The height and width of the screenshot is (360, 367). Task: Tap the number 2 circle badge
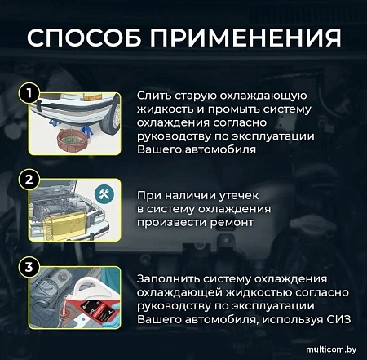(30, 181)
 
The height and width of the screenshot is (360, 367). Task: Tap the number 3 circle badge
(30, 267)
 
